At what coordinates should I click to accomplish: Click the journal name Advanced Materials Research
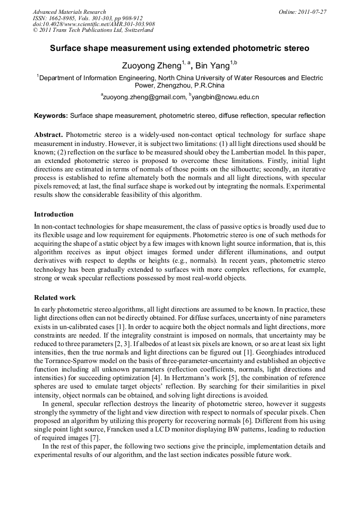(x=69, y=12)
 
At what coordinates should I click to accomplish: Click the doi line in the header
(x=94, y=24)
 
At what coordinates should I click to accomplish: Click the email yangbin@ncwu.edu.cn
(x=226, y=97)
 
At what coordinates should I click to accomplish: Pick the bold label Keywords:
(x=51, y=115)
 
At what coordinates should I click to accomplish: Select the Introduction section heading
(x=54, y=214)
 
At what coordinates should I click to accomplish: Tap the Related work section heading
(x=55, y=298)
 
